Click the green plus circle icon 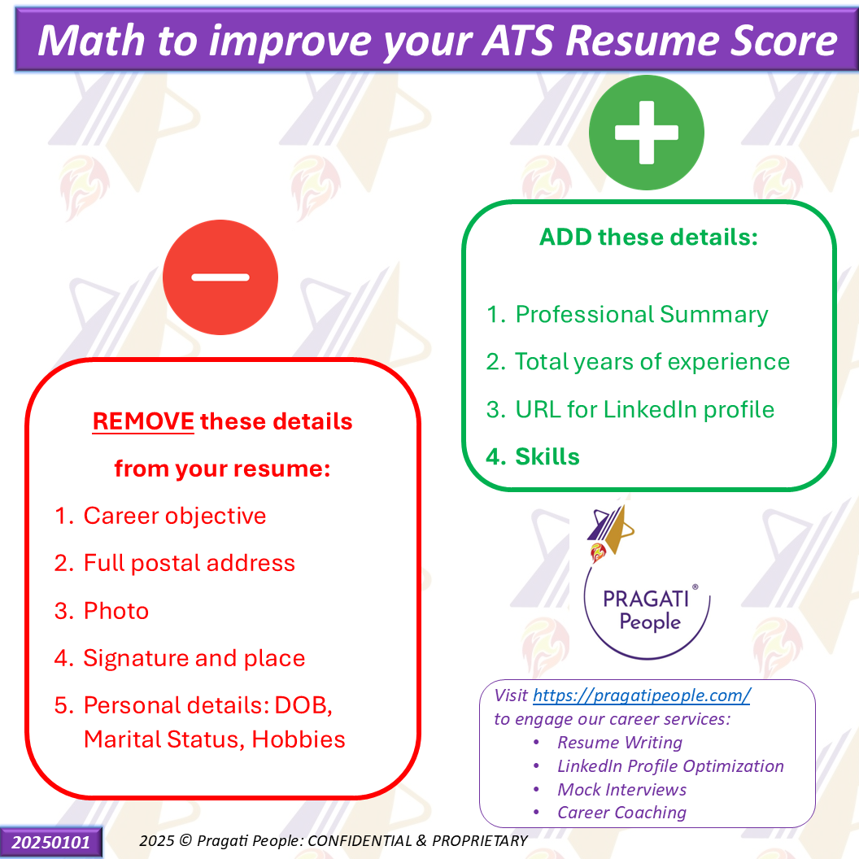click(x=647, y=133)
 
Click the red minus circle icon click(x=220, y=277)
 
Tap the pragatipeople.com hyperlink click(x=642, y=695)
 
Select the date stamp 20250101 click(x=51, y=842)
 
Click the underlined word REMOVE click(x=143, y=421)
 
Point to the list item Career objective click(x=175, y=516)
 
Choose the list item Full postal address click(x=189, y=563)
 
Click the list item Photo click(x=116, y=611)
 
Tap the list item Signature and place click(x=194, y=658)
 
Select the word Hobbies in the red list click(x=299, y=739)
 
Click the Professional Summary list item click(x=642, y=315)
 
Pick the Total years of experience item click(x=652, y=362)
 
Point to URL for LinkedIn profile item click(x=645, y=410)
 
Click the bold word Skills click(x=547, y=457)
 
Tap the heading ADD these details click(x=648, y=238)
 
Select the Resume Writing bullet click(x=620, y=743)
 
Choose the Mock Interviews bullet click(x=621, y=789)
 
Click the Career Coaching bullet click(x=621, y=813)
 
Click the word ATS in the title click(x=518, y=41)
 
